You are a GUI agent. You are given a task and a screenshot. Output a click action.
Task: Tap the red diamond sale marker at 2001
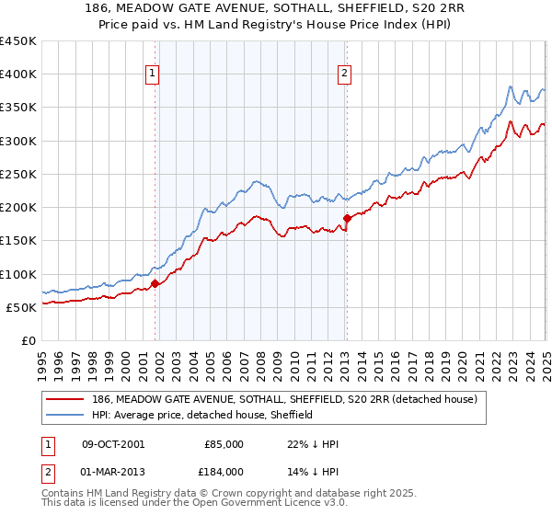click(x=155, y=283)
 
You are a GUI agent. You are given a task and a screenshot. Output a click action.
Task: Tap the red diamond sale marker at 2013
click(x=347, y=218)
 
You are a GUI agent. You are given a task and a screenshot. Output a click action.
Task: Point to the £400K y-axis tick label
click(x=17, y=74)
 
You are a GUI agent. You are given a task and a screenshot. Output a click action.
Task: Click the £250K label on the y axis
click(x=17, y=174)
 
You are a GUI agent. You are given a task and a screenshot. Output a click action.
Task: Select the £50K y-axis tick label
click(x=21, y=307)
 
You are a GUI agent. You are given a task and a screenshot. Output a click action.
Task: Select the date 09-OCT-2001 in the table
click(x=113, y=444)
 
